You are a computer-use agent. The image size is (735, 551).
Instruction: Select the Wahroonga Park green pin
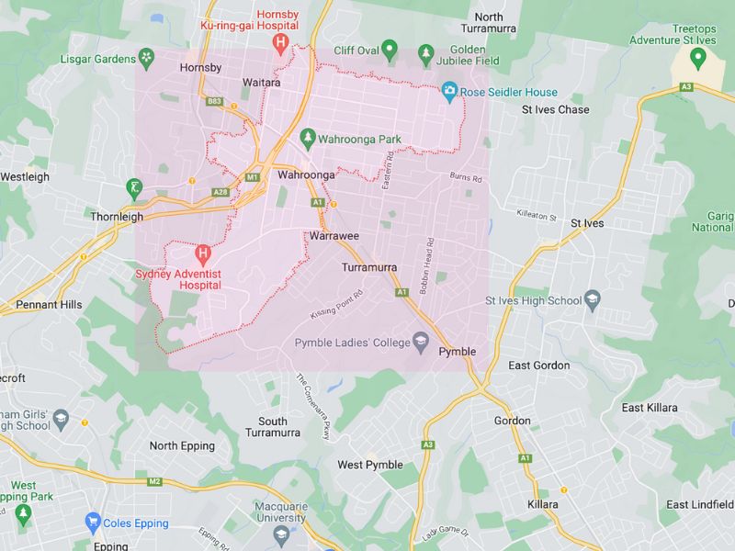click(x=308, y=141)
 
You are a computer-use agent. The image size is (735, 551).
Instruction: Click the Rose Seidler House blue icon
click(x=449, y=91)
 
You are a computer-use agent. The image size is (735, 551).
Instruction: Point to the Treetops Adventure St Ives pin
click(x=697, y=59)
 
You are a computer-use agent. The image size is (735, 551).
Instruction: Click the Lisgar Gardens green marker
click(x=146, y=59)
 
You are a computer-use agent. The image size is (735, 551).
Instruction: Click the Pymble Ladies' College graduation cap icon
click(x=421, y=343)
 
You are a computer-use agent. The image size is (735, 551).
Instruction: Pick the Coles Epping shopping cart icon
click(x=92, y=523)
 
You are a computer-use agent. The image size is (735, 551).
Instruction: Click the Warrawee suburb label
click(x=334, y=236)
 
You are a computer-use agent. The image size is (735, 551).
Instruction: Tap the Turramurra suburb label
click(x=368, y=267)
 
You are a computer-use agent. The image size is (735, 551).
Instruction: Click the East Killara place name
click(x=649, y=407)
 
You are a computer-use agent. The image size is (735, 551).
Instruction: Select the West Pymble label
click(x=370, y=465)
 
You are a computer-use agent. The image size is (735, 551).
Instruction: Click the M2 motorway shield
click(x=153, y=480)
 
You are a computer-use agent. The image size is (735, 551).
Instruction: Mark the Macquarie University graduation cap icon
click(x=281, y=533)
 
